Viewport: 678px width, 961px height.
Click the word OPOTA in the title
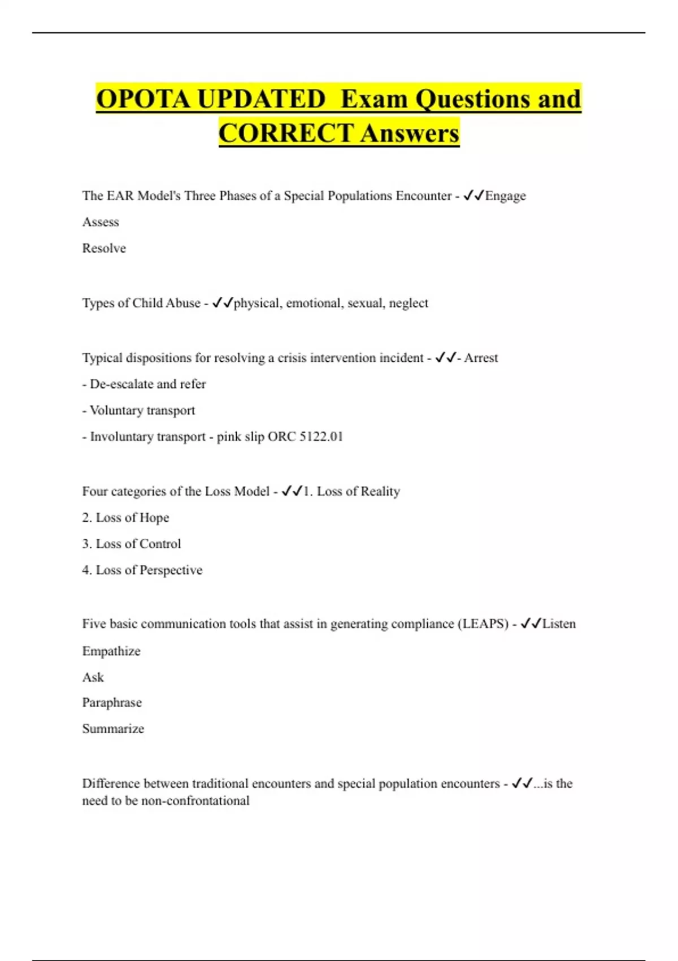(x=144, y=99)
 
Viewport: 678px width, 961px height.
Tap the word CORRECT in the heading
(x=286, y=133)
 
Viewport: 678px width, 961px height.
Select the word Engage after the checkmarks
(x=505, y=196)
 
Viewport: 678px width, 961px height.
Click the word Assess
(x=101, y=222)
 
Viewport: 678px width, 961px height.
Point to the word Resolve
(x=104, y=248)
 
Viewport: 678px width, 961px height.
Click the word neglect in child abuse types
(x=408, y=303)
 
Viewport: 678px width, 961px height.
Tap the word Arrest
(x=481, y=358)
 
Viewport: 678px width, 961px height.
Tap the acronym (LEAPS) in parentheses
(x=483, y=624)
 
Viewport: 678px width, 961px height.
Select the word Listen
(x=559, y=624)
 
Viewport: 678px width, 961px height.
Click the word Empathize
(x=111, y=651)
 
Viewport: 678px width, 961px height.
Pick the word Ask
(x=93, y=677)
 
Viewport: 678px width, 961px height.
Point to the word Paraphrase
(x=112, y=703)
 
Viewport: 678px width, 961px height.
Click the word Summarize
(x=113, y=729)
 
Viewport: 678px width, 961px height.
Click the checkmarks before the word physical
(x=223, y=303)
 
